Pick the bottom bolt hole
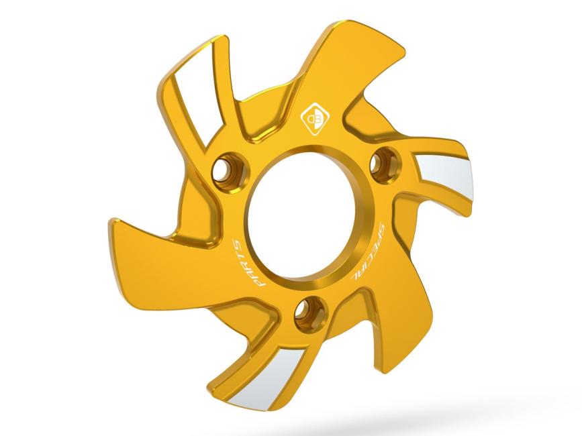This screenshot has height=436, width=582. pyautogui.click(x=311, y=311)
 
